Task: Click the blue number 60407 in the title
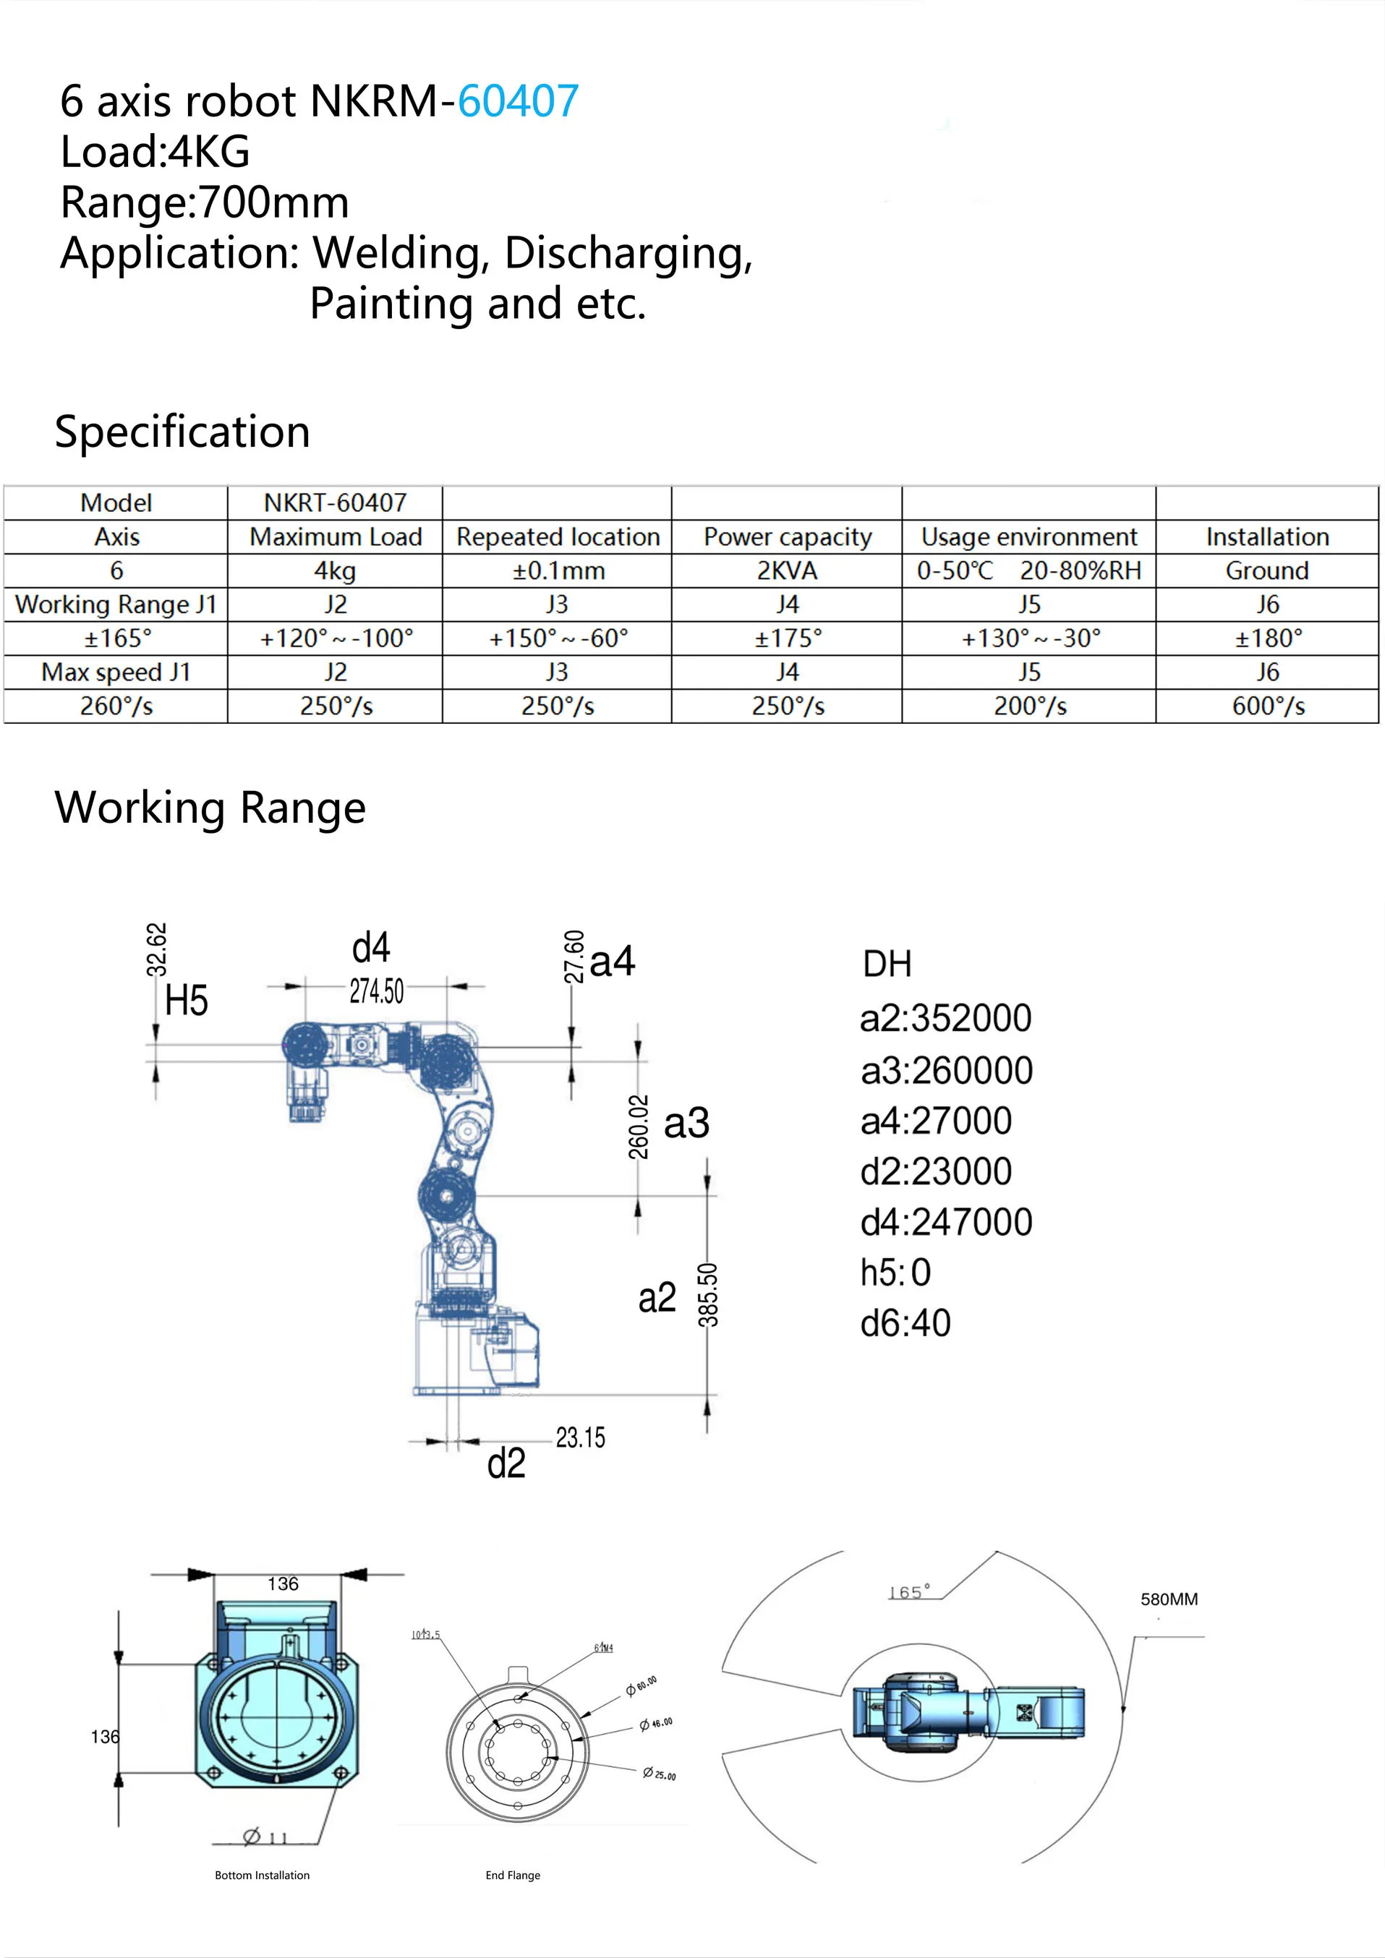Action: (518, 101)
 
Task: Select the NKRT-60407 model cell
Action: (334, 503)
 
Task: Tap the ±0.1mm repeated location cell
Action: (558, 570)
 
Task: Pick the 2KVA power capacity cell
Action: (786, 570)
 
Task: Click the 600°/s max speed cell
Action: (1267, 706)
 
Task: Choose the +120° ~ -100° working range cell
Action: (336, 638)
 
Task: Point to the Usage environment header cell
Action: (1028, 537)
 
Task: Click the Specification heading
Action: (182, 432)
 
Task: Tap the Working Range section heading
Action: (210, 808)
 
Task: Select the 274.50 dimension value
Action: (376, 991)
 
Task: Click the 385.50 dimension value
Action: (709, 1294)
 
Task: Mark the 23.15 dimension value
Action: (580, 1438)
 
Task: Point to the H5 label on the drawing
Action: (186, 1000)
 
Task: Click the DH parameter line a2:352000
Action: (945, 1018)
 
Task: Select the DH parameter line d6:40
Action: (905, 1323)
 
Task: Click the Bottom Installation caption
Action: (262, 1876)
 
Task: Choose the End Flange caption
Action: (513, 1876)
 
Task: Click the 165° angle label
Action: (909, 1593)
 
